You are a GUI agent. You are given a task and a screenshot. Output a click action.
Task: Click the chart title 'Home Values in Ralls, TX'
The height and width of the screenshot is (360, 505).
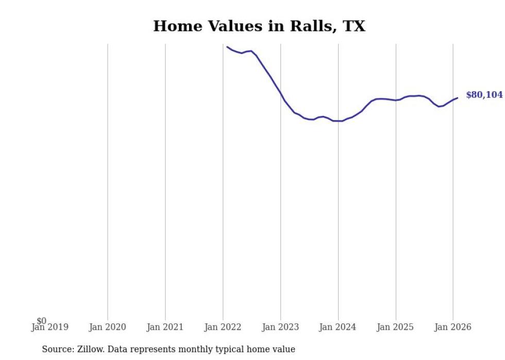point(259,26)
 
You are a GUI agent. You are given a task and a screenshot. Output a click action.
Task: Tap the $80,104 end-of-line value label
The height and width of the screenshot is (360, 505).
point(484,95)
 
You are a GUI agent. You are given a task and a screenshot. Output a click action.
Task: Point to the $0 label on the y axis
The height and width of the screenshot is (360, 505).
point(41,321)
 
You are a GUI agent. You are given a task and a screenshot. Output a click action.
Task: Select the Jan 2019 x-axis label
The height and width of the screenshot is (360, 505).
point(49,327)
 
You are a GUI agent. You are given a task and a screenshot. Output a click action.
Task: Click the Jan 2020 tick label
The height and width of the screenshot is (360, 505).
point(107,327)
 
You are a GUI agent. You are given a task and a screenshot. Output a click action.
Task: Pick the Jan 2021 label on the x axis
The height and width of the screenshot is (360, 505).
point(165,327)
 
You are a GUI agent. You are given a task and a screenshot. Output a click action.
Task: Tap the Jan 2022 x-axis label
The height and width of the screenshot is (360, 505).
point(223,327)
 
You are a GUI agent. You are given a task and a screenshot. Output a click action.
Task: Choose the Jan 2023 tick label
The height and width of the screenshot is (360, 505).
point(280,327)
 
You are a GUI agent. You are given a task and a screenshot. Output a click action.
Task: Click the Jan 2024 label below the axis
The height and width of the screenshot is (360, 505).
point(338,327)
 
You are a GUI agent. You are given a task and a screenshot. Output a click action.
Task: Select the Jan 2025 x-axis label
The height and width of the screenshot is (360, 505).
point(396,327)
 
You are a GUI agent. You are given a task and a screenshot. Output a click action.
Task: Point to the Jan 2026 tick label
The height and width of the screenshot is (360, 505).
point(452,327)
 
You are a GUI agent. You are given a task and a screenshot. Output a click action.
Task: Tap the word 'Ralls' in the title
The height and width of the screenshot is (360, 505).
point(311,26)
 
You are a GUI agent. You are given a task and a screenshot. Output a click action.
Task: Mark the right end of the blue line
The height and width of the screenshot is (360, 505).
point(457,98)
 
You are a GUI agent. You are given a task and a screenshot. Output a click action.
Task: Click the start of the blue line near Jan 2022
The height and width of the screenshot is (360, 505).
point(227,47)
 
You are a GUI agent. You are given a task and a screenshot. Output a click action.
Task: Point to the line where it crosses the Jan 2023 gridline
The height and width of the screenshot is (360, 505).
point(280,94)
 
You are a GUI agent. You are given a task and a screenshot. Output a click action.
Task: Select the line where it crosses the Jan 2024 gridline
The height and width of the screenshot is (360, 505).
point(338,121)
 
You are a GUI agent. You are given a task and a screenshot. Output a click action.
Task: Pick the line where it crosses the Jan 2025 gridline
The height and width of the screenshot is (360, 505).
point(396,100)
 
